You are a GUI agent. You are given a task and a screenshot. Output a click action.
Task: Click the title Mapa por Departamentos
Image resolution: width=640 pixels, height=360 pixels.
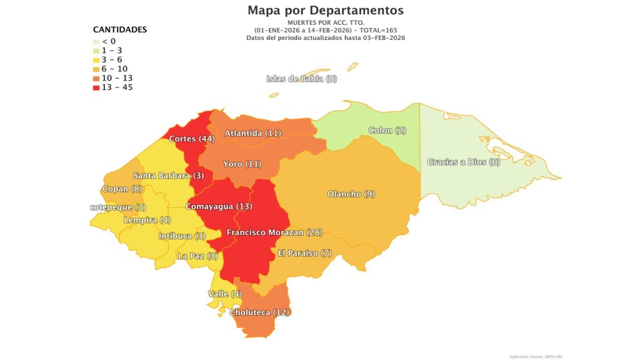pyautogui.click(x=325, y=11)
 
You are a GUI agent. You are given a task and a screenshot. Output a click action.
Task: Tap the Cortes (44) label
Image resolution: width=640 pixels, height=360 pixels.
pyautogui.click(x=192, y=139)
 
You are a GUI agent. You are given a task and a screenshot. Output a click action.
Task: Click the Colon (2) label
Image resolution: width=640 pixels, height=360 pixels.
pyautogui.click(x=387, y=131)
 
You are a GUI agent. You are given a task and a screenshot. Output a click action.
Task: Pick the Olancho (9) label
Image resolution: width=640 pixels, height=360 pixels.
pyautogui.click(x=351, y=194)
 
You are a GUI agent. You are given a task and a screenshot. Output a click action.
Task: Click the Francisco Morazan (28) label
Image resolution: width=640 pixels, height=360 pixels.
pyautogui.click(x=274, y=232)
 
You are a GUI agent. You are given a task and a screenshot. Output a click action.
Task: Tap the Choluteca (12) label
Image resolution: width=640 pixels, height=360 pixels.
pyautogui.click(x=259, y=312)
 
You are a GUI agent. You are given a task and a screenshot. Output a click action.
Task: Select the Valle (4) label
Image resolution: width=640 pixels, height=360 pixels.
pyautogui.click(x=224, y=294)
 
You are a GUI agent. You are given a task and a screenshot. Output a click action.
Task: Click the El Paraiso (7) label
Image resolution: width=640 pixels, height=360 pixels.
pyautogui.click(x=305, y=254)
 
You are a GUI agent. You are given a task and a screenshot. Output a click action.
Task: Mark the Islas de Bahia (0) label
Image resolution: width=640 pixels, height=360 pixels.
pyautogui.click(x=301, y=79)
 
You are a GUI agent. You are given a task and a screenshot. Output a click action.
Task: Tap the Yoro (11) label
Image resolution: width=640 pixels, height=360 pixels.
pyautogui.click(x=242, y=164)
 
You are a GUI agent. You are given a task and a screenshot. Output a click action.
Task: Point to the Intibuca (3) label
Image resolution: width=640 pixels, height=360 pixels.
pyautogui.click(x=182, y=236)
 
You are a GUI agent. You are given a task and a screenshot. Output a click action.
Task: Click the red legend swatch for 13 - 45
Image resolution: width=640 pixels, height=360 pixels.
pyautogui.click(x=96, y=87)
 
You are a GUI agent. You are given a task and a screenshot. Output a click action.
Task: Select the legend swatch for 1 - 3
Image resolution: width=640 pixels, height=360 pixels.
pyautogui.click(x=96, y=50)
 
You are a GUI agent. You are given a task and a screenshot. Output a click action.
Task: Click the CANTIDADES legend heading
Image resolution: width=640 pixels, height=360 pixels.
pyautogui.click(x=120, y=29)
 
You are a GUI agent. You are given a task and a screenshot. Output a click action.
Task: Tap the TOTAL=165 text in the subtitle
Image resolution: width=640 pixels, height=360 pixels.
pyautogui.click(x=377, y=31)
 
